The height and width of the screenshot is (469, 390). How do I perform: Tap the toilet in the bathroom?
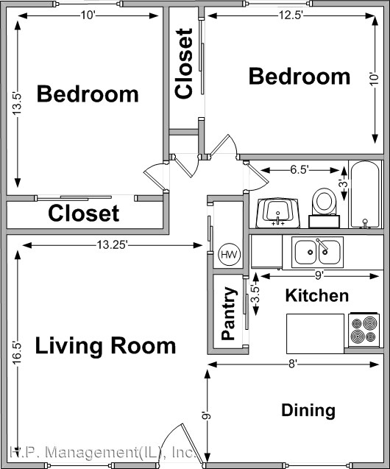coord(323,202)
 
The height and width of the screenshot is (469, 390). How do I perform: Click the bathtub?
coord(366,195)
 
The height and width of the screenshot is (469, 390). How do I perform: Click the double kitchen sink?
coord(317,253)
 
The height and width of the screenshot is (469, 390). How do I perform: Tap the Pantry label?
coord(229,314)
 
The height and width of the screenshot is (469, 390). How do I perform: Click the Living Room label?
coord(106,345)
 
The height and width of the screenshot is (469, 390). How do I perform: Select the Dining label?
coord(308,410)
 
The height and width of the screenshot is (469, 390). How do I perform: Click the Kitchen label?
coord(316,296)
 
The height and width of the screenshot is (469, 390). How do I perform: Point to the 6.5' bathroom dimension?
coord(299,170)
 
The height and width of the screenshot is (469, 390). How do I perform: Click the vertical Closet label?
coord(184,63)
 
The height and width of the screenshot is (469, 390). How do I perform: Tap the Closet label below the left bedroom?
coord(83,214)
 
